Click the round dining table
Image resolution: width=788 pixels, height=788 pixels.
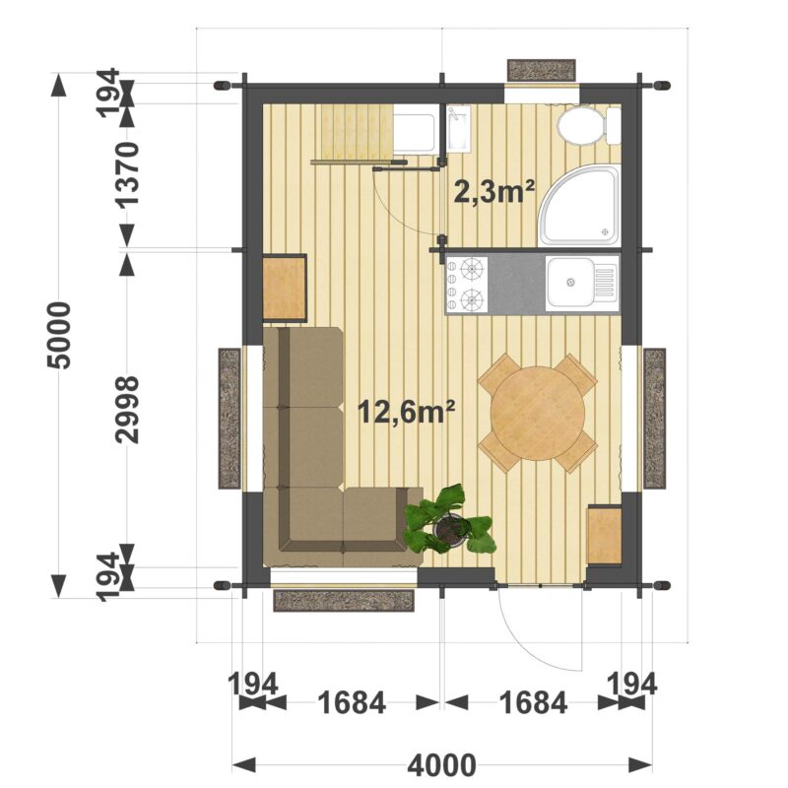537,413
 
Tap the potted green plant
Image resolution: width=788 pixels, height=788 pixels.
450,520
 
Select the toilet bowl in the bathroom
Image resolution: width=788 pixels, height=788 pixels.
579,126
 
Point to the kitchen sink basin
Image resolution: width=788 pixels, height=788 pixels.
570,282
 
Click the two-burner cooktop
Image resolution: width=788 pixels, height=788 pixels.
467,284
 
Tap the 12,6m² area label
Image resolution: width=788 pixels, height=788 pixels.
406,413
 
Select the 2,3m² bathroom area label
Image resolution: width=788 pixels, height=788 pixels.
493,191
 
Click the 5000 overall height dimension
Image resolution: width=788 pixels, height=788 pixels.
58,336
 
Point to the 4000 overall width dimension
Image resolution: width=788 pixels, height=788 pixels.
441,765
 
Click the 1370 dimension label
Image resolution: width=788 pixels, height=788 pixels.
126,175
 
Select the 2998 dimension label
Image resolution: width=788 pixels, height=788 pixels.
126,410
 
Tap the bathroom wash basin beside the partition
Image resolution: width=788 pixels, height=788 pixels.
458,129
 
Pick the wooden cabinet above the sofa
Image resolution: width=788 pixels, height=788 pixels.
285,288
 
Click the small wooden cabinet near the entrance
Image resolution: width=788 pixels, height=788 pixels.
604,535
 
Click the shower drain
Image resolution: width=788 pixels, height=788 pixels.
605,232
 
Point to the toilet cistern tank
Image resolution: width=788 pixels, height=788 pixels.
613,126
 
